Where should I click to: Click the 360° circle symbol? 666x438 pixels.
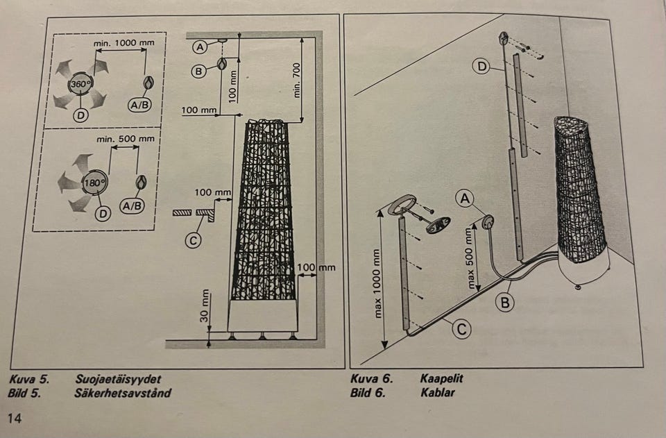78,85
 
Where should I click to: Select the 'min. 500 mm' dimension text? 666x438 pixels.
125,139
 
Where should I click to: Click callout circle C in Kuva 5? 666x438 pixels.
194,240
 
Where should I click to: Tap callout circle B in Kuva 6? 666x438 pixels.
505,302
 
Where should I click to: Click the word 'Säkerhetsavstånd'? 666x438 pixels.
123,393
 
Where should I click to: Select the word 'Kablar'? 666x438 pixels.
437,392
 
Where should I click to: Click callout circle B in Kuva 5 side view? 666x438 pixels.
198,69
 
